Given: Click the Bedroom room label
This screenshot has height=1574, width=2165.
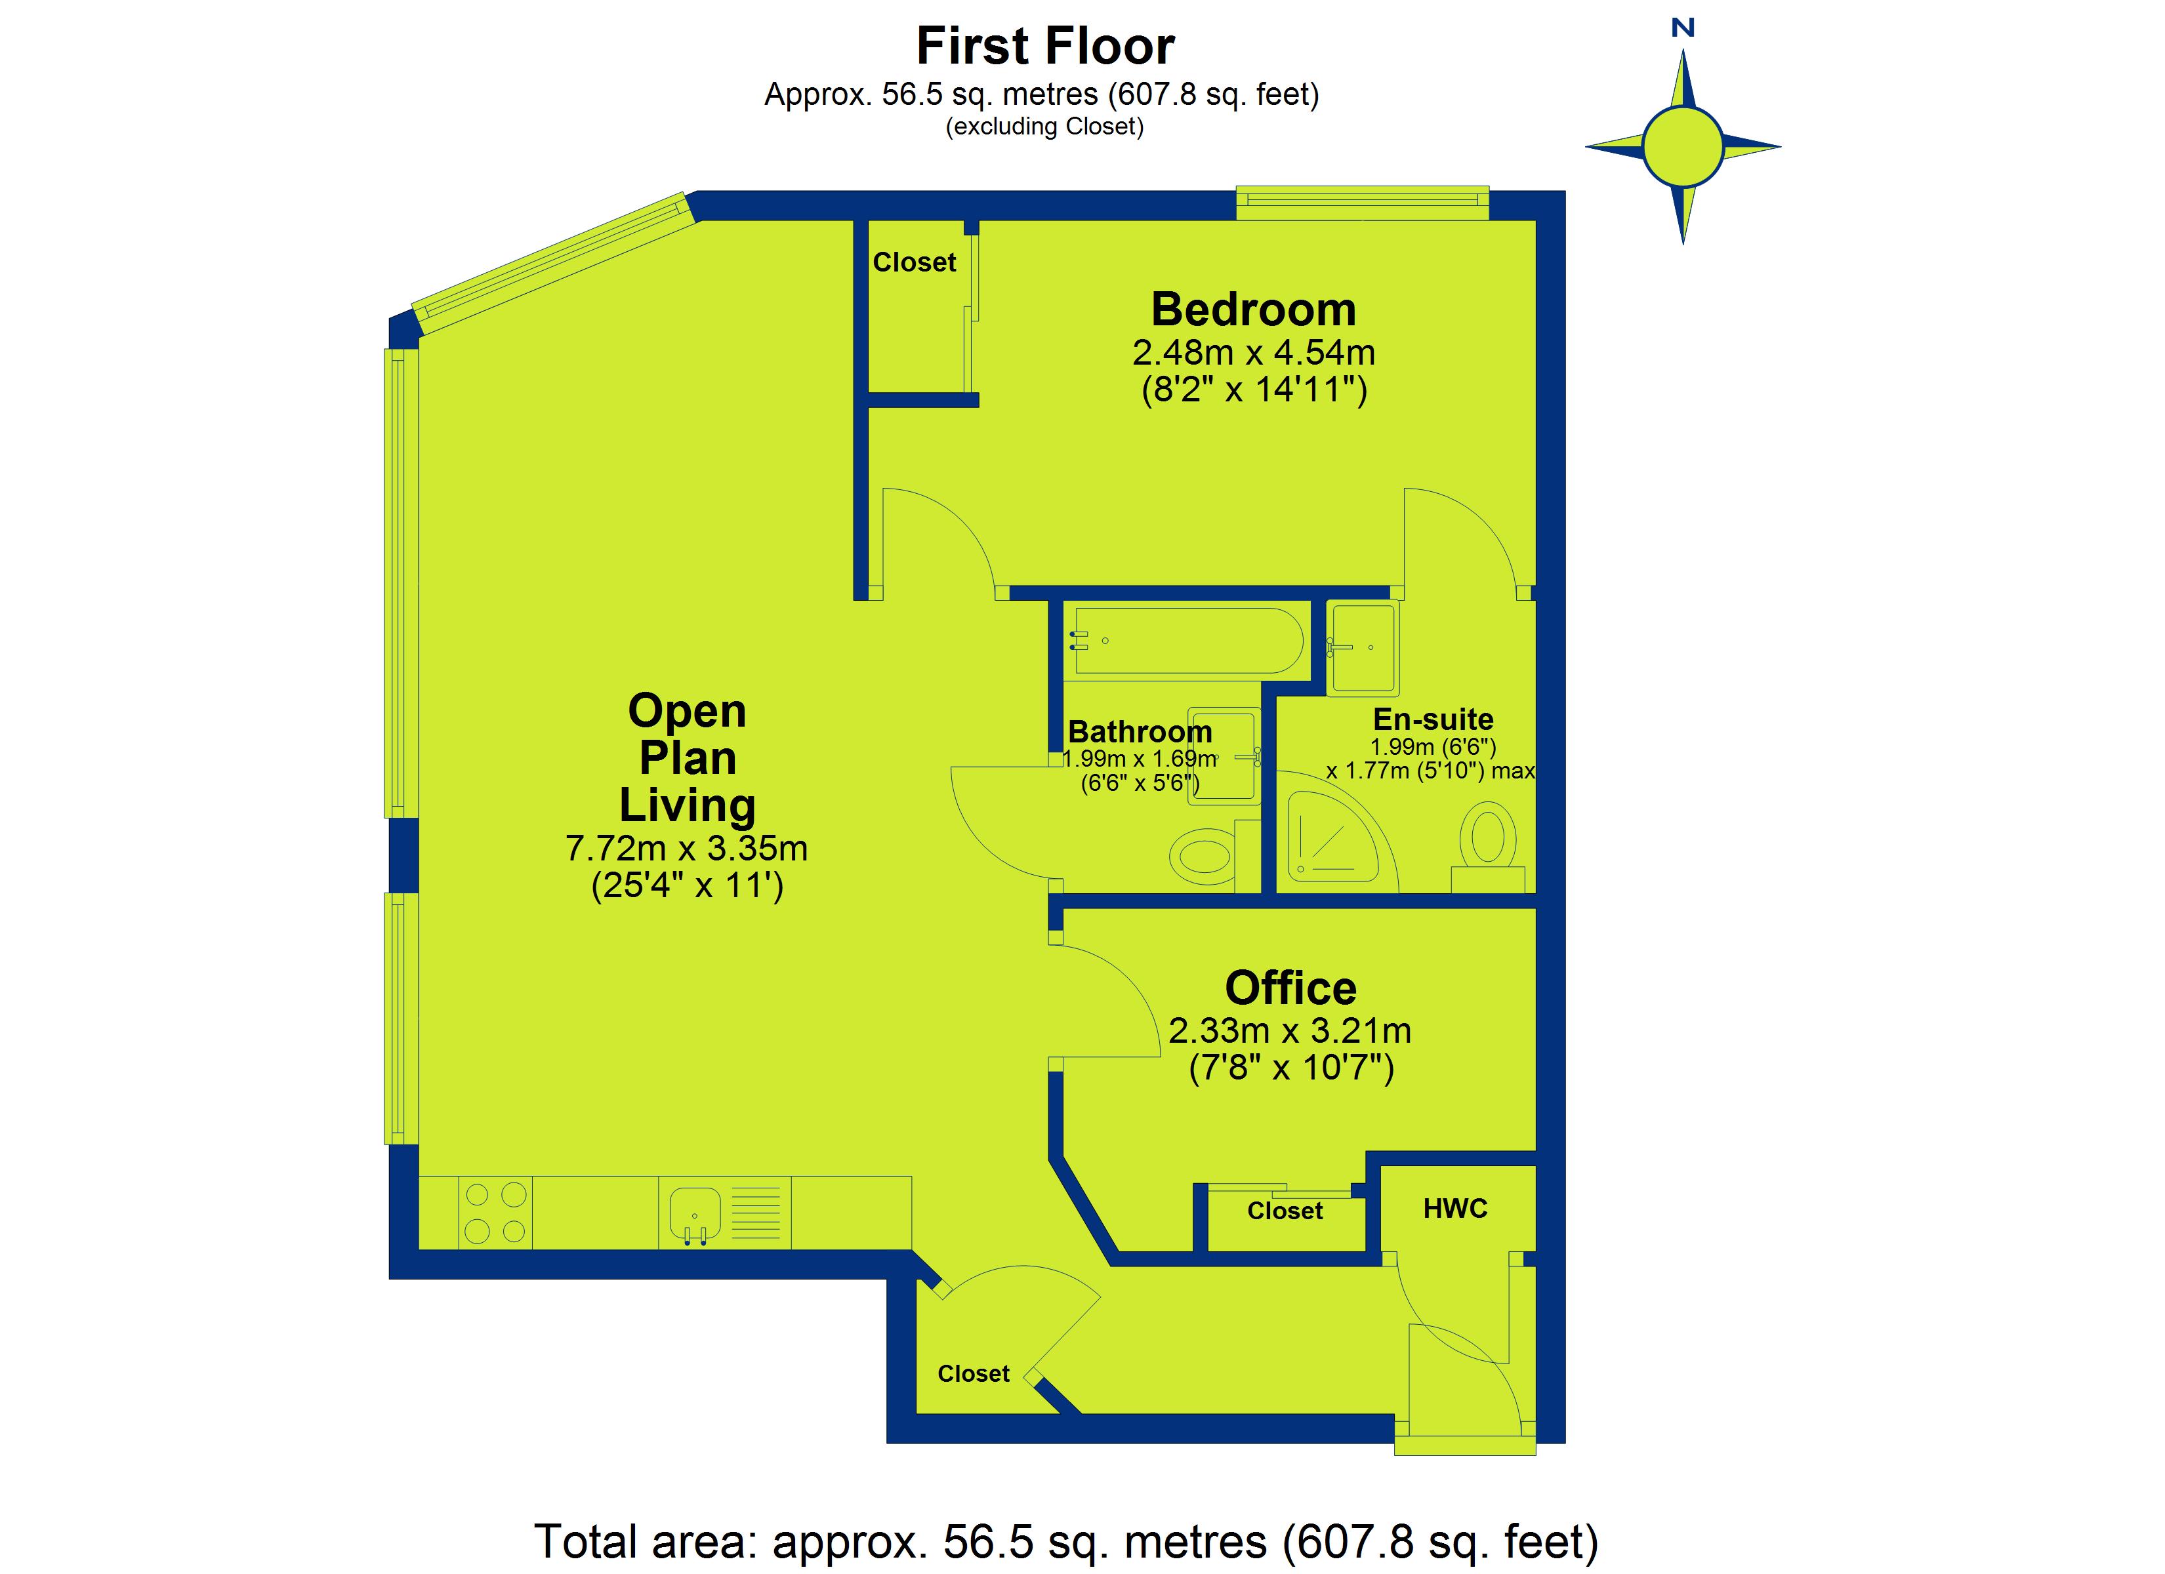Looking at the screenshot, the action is coord(1253,310).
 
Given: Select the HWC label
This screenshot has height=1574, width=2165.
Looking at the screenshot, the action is coord(1454,1209).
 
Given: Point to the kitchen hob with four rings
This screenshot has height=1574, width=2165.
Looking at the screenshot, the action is coord(495,1212).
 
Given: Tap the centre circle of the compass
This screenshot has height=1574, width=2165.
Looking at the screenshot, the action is coord(1683,147).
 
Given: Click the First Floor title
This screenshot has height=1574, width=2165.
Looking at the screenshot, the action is coord(1045,46).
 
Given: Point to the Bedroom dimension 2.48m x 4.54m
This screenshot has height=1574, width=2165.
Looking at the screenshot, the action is coord(1253,353).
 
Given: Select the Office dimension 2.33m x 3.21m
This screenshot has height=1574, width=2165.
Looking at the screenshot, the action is coord(1290,1031).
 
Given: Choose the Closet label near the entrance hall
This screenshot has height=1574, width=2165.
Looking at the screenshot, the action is coord(973,1373).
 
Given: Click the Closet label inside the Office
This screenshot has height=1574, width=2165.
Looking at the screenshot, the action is coord(1285,1211).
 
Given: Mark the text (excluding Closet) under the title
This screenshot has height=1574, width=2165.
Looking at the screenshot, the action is coord(1044,126).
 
